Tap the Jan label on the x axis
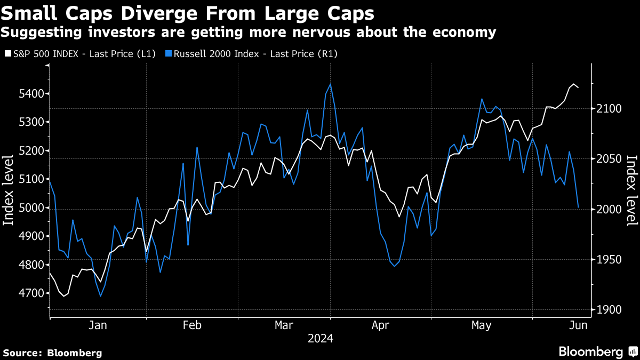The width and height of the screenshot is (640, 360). [x=98, y=325]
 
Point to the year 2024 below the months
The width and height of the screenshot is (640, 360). [x=320, y=339]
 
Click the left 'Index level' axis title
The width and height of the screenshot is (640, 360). [x=9, y=190]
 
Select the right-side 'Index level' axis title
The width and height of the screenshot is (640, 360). [x=631, y=190]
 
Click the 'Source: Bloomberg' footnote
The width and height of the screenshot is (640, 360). [x=52, y=353]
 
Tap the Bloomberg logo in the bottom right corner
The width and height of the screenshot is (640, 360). [x=597, y=351]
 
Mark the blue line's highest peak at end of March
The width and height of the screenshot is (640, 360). [x=331, y=84]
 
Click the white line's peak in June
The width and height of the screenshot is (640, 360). [x=574, y=84]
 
